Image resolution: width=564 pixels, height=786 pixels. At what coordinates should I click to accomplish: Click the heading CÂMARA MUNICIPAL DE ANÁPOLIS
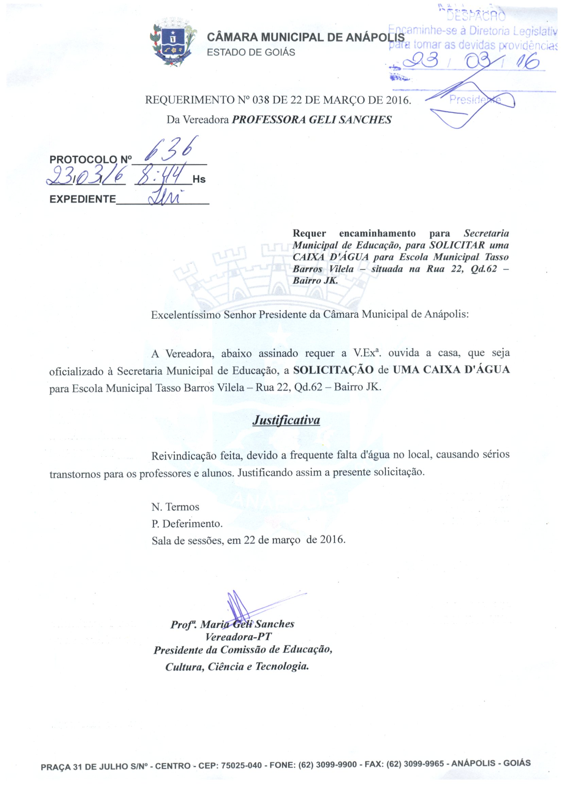305,37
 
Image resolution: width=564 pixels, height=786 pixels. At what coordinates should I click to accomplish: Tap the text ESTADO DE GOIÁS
251,52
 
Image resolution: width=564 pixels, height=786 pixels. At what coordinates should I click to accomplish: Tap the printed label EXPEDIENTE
83,199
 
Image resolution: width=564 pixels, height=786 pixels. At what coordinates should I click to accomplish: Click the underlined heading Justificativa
286,420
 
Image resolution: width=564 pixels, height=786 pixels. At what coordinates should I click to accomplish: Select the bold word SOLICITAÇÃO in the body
333,370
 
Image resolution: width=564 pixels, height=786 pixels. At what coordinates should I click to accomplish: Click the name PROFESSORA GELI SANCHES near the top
311,120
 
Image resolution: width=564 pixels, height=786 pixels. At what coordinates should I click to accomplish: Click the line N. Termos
175,507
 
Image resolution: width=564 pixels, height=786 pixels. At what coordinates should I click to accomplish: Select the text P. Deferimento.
187,523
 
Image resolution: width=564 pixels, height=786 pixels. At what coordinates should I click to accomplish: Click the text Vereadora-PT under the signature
238,637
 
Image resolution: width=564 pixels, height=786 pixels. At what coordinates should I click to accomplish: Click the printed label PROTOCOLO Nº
91,160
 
